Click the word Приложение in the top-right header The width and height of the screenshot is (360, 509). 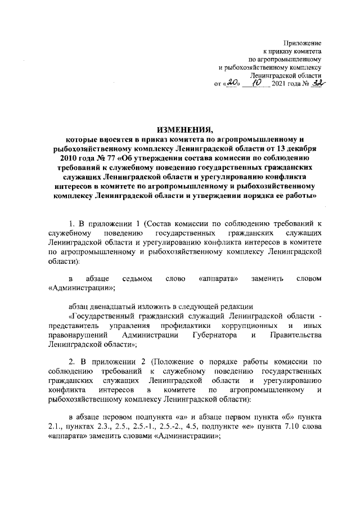(301, 43)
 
